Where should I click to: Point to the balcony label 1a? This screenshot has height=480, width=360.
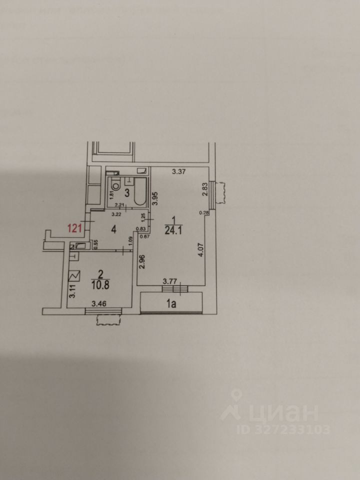(x=173, y=303)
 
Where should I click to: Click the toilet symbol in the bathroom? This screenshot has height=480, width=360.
(x=115, y=184)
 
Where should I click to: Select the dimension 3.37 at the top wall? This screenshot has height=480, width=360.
(x=179, y=172)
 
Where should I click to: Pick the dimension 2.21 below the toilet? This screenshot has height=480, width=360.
(x=119, y=205)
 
